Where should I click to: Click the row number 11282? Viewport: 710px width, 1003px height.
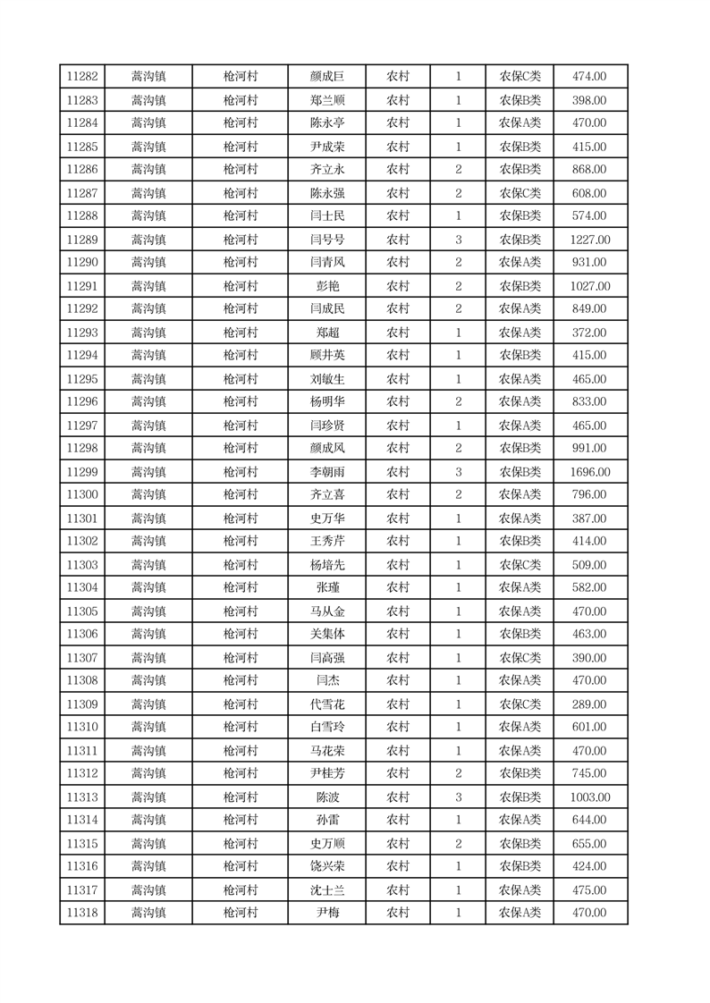(x=82, y=77)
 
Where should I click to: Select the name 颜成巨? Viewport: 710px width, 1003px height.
(x=326, y=77)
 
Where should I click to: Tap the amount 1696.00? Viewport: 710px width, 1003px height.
(x=589, y=472)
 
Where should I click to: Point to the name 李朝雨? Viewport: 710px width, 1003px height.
(x=326, y=472)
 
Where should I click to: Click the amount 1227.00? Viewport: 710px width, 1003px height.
(x=589, y=240)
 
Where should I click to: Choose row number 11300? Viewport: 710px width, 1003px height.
(x=82, y=495)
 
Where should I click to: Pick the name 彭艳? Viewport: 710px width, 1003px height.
(x=326, y=286)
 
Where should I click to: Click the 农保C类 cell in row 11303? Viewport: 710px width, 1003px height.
(x=520, y=565)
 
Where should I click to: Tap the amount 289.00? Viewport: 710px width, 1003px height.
(x=589, y=704)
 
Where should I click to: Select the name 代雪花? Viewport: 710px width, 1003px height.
(x=326, y=704)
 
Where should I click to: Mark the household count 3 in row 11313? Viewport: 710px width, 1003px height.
(x=458, y=797)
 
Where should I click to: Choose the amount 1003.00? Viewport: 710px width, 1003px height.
(x=589, y=797)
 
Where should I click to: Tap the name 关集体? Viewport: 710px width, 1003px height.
(x=326, y=635)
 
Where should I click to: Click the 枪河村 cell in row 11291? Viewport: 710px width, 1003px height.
(x=240, y=286)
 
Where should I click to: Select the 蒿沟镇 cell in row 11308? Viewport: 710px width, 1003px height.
(x=148, y=681)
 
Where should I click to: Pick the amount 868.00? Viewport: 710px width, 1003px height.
(x=589, y=170)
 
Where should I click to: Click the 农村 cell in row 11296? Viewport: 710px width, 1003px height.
(x=397, y=402)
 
